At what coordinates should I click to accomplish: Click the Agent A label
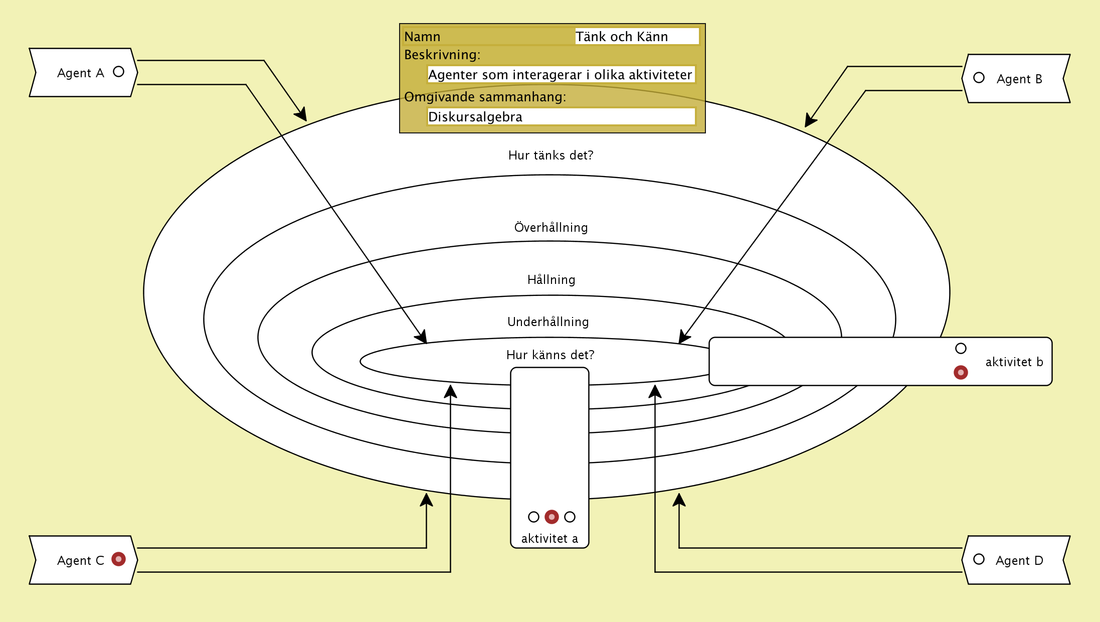click(80, 73)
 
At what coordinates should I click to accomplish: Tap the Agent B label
click(1019, 79)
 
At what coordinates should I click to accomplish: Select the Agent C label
click(80, 561)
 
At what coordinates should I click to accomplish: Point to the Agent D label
click(1019, 561)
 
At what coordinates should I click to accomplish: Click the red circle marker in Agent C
click(118, 559)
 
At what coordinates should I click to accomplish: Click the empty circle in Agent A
click(118, 72)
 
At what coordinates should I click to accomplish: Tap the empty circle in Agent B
click(979, 78)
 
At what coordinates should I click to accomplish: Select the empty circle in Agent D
click(979, 559)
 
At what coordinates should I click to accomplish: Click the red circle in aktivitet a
click(552, 517)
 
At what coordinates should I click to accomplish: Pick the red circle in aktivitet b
click(961, 372)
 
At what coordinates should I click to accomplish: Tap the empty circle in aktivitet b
click(961, 349)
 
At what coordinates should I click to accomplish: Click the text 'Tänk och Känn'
click(622, 37)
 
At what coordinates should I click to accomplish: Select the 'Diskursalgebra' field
click(561, 117)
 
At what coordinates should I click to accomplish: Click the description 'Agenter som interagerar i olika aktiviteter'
click(560, 75)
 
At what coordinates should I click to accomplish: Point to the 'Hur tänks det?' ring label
click(551, 155)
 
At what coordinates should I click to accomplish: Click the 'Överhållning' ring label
click(551, 228)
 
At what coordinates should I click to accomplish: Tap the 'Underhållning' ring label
click(548, 322)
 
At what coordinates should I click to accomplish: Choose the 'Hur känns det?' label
click(550, 355)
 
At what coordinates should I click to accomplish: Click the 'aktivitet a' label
click(549, 539)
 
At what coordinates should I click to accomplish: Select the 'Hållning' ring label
click(551, 280)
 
